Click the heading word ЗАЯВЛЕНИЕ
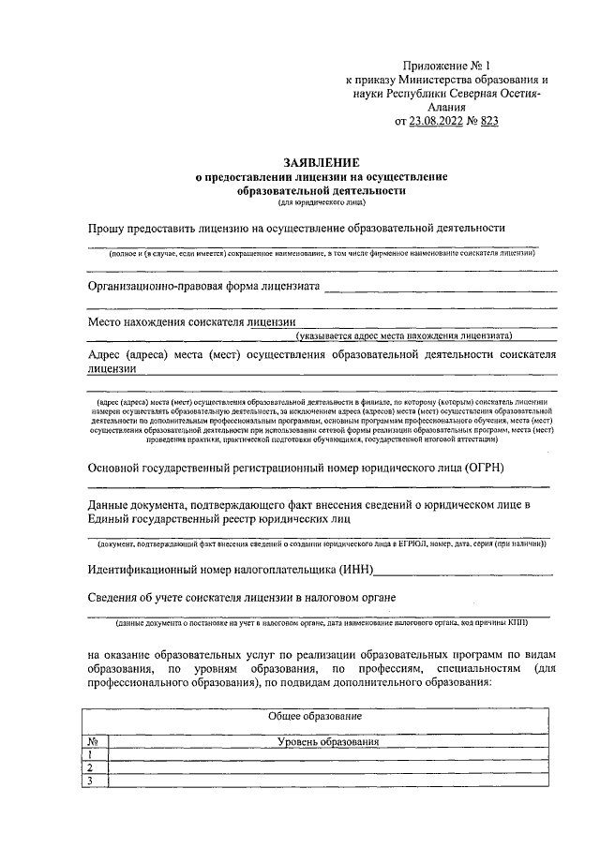point(321,162)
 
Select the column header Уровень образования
point(327,742)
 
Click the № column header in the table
point(92,742)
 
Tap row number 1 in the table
point(91,755)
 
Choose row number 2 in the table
point(91,768)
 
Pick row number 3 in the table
point(91,781)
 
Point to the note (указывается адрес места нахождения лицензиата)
point(403,335)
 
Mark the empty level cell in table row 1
point(327,755)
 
